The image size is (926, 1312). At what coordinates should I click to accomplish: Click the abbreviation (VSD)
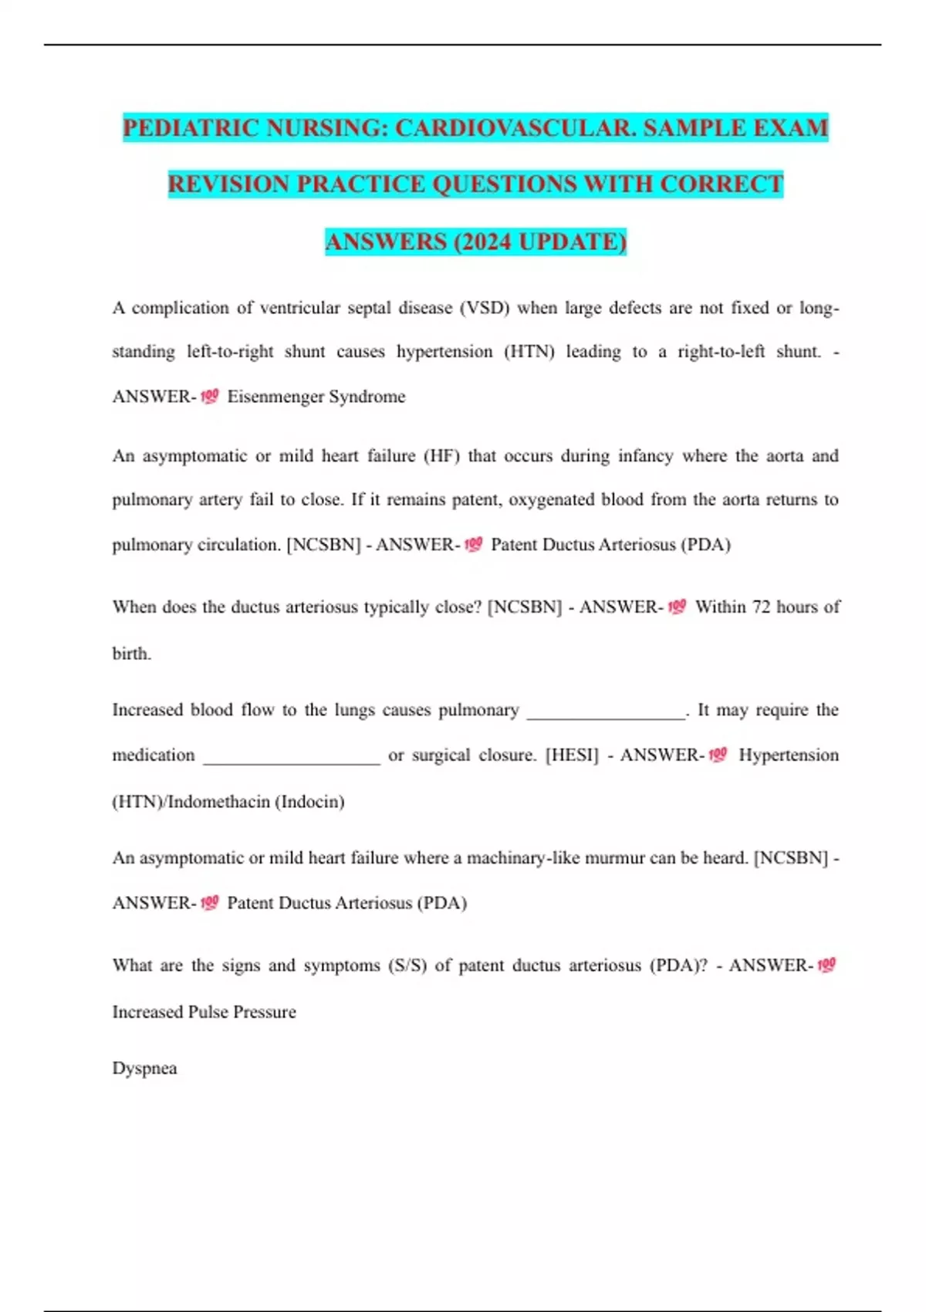(485, 308)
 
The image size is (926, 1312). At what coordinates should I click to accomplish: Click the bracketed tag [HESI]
(572, 756)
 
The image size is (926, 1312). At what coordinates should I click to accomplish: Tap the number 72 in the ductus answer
(761, 607)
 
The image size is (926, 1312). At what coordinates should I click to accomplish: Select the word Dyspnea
(144, 1069)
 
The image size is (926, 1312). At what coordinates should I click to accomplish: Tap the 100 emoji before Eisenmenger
(209, 397)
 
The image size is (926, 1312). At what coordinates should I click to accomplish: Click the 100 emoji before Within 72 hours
(677, 607)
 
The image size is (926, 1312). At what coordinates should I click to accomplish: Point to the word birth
(131, 654)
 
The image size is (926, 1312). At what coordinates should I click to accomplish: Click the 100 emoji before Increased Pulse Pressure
(826, 965)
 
